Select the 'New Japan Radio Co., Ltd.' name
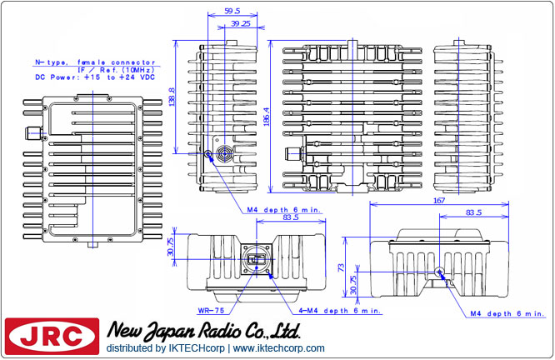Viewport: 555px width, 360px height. pos(204,331)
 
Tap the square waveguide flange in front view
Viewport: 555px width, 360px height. pos(256,261)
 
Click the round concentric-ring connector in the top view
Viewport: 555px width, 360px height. pos(223,154)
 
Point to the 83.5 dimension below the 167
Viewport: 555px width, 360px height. pos(473,212)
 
